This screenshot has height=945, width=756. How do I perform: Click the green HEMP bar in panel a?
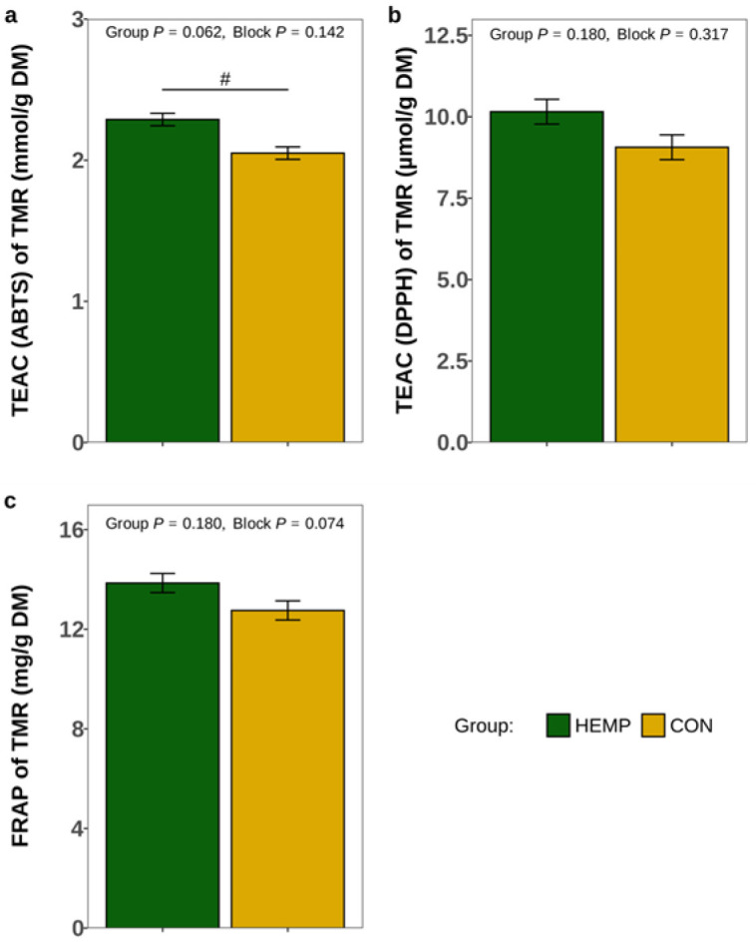coord(163,280)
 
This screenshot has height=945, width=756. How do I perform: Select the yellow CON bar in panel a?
coord(288,297)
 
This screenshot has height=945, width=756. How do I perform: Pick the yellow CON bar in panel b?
coord(671,294)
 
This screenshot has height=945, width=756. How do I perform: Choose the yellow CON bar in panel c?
coord(288,768)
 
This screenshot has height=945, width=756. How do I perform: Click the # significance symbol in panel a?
coord(225,80)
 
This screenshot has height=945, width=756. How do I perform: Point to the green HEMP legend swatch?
coord(558,725)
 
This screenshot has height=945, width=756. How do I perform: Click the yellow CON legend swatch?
coord(652,725)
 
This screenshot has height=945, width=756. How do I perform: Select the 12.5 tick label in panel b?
coord(450,36)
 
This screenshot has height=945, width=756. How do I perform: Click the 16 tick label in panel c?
coord(73,530)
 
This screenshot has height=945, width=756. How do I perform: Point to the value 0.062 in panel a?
coord(195,32)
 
